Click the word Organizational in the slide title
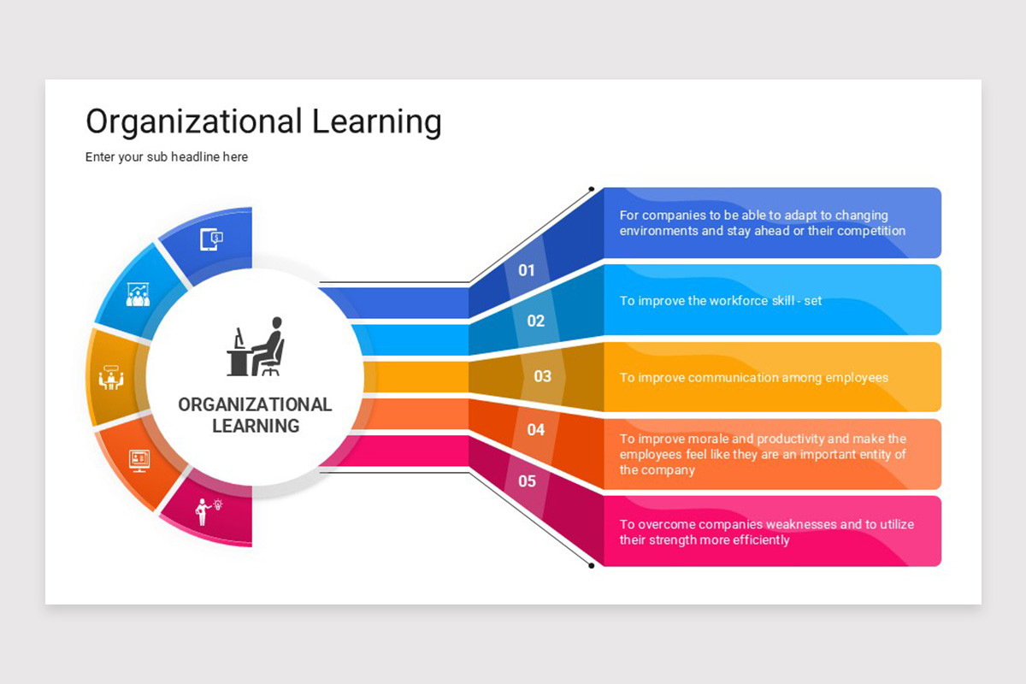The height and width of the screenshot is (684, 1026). click(x=194, y=122)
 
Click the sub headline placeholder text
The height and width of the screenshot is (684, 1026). click(x=167, y=157)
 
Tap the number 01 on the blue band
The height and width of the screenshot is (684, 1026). click(x=527, y=271)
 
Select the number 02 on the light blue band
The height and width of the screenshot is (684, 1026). click(x=536, y=321)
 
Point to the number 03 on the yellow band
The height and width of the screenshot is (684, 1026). click(x=543, y=376)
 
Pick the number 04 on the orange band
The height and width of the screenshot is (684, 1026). click(x=536, y=429)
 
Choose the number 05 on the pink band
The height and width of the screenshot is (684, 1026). click(x=528, y=481)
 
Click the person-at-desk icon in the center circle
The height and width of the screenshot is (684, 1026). click(x=256, y=347)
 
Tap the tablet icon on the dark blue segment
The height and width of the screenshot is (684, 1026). click(x=211, y=239)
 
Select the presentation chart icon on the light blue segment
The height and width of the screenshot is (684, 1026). click(x=138, y=294)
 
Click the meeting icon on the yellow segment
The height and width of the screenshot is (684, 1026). click(x=111, y=377)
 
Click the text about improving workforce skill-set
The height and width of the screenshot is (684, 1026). click(x=721, y=301)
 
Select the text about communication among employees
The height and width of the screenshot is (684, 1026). click(x=754, y=378)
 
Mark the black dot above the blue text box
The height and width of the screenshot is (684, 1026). click(x=592, y=189)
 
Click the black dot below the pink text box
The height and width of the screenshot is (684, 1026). click(x=592, y=565)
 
